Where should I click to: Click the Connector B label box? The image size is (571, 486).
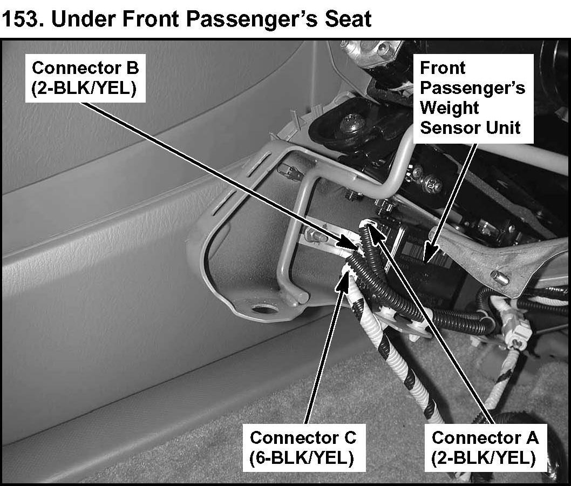(x=85, y=78)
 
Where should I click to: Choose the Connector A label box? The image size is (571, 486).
(x=484, y=447)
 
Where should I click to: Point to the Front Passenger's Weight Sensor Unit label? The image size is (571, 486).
(x=472, y=98)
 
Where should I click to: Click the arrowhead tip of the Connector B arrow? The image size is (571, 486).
(x=358, y=247)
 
